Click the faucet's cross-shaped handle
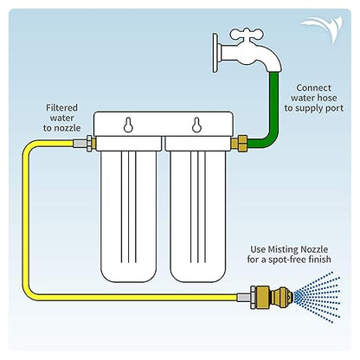click(x=246, y=35)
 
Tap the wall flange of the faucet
click(x=215, y=53)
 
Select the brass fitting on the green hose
click(x=239, y=144)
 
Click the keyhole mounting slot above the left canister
click(x=128, y=125)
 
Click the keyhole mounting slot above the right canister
click(x=196, y=125)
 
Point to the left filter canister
click(x=129, y=209)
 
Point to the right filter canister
click(x=197, y=209)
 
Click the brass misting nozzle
click(x=272, y=297)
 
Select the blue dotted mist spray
click(x=318, y=297)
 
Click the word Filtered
click(x=61, y=108)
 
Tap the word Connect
click(x=313, y=87)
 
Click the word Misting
click(x=284, y=249)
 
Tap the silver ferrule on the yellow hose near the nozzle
click(x=243, y=298)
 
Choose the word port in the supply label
click(x=337, y=109)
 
